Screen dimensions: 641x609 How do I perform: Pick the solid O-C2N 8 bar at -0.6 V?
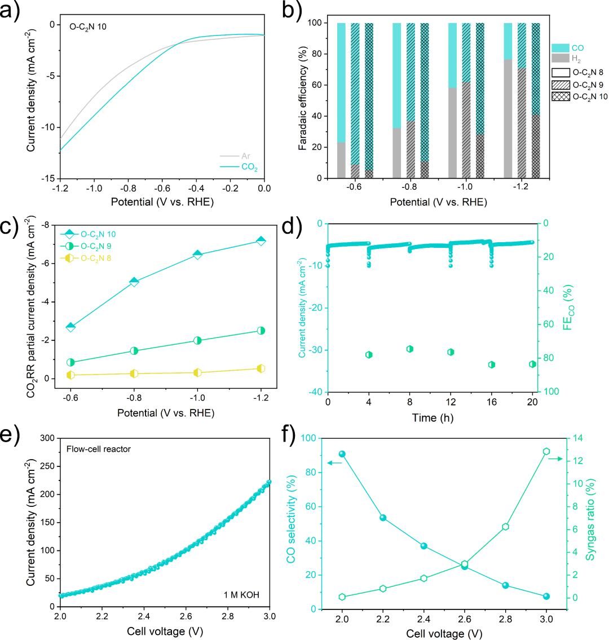tap(341, 100)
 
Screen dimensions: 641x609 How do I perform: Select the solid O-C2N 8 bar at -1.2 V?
tap(507, 100)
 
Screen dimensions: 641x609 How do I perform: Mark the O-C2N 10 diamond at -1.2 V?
tap(261, 241)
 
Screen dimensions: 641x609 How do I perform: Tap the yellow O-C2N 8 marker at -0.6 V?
tap(70, 375)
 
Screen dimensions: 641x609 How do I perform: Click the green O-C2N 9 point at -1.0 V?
tap(197, 340)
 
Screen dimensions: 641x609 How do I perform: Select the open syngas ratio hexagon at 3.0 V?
tap(546, 452)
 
